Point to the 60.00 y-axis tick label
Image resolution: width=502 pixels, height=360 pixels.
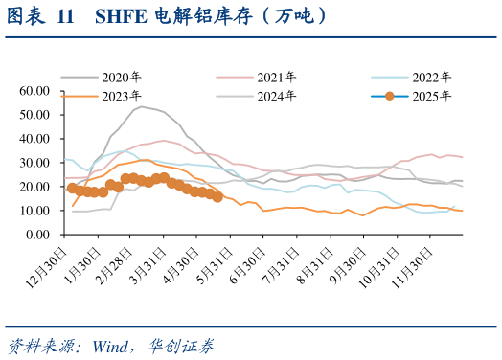tap(34, 91)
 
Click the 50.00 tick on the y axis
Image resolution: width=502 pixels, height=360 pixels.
tap(34, 115)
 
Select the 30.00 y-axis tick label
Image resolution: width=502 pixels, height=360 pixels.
tap(34, 163)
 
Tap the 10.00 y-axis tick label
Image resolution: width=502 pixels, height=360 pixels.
tap(34, 211)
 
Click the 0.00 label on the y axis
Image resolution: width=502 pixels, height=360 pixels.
tap(36, 235)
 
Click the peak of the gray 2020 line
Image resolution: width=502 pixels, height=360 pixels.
tap(142, 106)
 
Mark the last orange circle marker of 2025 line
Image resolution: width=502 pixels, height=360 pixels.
tap(217, 197)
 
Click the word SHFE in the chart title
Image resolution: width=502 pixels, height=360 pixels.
tap(119, 16)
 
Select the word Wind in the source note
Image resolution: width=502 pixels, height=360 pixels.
tap(113, 345)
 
